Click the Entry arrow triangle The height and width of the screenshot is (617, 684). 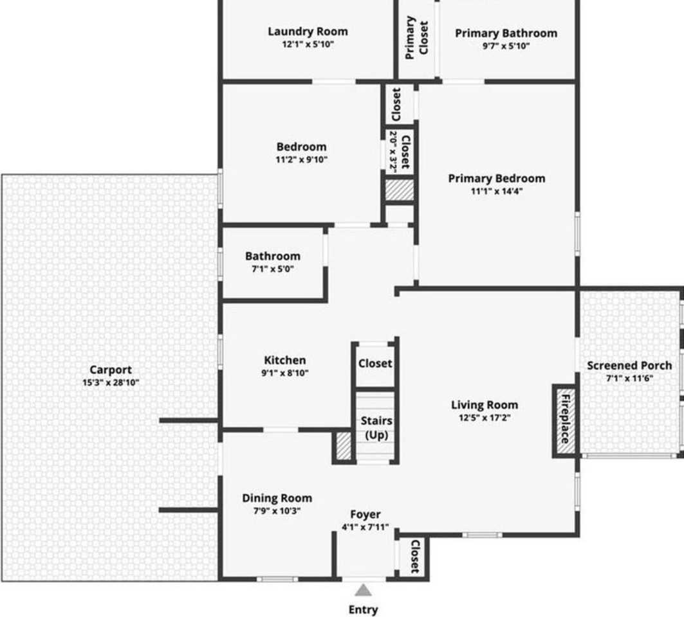[363, 591]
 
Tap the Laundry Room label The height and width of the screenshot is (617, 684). [308, 31]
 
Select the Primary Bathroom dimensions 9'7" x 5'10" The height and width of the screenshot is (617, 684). [506, 46]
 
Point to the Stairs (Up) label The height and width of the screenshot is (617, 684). [376, 428]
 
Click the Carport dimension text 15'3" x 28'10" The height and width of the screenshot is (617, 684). [111, 383]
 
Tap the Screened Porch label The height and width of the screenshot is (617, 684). [629, 366]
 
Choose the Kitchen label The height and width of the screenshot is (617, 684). [285, 361]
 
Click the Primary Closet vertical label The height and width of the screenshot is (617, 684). [416, 37]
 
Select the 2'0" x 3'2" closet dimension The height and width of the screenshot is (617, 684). [393, 152]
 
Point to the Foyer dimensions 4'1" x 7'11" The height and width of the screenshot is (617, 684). [365, 527]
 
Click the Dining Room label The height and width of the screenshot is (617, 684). [277, 498]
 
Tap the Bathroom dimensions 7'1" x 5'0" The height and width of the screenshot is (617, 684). [273, 269]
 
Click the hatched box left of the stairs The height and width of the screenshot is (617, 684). [344, 445]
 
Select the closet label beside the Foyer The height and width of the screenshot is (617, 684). [415, 556]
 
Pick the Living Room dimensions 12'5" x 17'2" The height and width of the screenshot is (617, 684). [485, 418]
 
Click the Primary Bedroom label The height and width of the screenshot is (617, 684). [497, 178]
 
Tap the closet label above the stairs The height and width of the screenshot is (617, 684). [375, 363]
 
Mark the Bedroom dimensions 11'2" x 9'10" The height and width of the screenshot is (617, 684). [301, 160]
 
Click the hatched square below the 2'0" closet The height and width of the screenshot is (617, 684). [399, 190]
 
